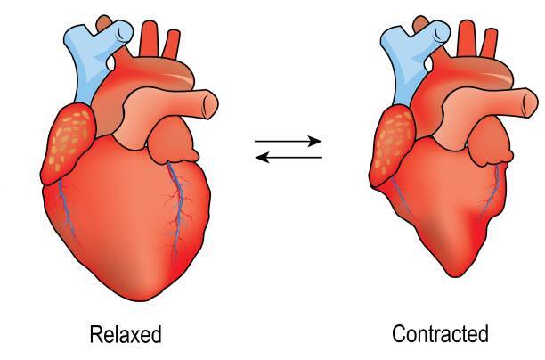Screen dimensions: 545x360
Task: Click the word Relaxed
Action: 126,334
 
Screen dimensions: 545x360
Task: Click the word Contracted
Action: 441,333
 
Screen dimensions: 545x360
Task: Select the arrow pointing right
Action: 289,141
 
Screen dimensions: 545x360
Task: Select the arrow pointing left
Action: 289,158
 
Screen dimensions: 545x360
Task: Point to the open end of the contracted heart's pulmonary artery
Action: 530,103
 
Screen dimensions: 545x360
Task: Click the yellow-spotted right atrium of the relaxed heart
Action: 68,143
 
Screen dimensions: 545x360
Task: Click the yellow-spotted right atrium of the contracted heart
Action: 392,146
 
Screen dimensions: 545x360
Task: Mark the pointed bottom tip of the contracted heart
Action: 455,277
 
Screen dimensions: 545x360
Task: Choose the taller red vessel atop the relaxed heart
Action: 149,38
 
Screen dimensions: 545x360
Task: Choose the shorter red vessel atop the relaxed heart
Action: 171,45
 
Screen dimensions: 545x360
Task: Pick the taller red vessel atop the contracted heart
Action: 466,38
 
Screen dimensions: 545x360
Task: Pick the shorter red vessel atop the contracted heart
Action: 489,43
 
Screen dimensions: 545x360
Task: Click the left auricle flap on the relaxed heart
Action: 173,140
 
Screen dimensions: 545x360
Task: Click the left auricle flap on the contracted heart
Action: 491,141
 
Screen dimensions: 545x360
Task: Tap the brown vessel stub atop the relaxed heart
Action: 103,24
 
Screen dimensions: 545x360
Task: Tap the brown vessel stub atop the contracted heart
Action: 420,24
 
